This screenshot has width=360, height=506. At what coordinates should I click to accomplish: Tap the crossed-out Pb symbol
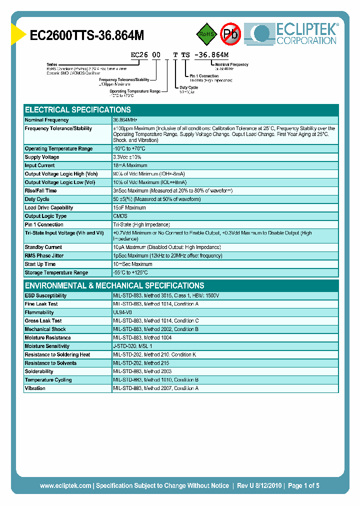click(230, 34)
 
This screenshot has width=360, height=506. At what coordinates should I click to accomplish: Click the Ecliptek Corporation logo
click(295, 34)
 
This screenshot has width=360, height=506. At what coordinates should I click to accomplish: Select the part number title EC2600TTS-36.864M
click(87, 35)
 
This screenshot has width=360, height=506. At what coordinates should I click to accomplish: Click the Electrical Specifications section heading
click(78, 110)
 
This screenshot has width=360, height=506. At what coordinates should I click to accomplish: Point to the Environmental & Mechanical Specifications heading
click(114, 285)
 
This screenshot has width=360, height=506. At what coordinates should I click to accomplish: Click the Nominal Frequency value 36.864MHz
click(125, 120)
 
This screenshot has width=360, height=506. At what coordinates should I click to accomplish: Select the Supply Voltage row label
click(42, 157)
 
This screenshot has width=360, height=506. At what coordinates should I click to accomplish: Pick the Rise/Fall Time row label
click(40, 190)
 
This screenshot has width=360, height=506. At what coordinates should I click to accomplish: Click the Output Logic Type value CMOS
click(120, 216)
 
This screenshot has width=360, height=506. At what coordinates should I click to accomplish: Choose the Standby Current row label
click(43, 247)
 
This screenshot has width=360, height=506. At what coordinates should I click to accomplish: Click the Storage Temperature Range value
click(130, 272)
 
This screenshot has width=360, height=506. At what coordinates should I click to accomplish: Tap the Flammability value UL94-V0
click(122, 312)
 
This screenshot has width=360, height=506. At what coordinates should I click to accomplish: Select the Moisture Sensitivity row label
click(47, 346)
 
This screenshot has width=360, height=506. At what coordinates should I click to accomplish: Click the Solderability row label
click(39, 371)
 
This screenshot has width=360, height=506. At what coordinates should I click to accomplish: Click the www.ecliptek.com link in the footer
click(65, 485)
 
